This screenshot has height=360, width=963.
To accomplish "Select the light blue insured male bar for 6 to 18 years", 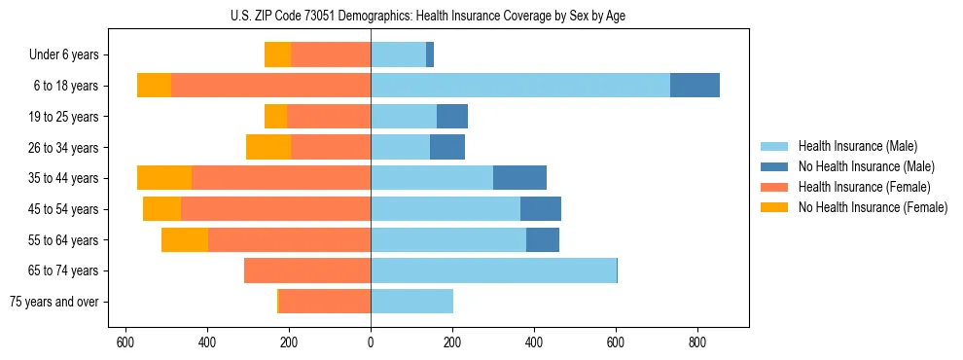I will tap(519, 86).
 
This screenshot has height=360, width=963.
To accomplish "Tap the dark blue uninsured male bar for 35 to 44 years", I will tap(519, 178).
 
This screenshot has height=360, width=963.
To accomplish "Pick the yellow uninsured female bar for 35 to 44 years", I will tap(164, 178).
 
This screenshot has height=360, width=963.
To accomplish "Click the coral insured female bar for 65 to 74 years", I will tap(306, 270).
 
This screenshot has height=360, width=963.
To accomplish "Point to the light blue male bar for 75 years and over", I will tap(411, 302).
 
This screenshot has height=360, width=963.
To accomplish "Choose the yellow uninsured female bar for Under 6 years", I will tap(277, 55).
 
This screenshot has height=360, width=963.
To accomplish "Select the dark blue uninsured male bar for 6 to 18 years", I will tap(695, 86).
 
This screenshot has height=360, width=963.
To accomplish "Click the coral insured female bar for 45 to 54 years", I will tap(275, 209).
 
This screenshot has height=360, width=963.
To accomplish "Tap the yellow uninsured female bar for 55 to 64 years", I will tap(185, 239).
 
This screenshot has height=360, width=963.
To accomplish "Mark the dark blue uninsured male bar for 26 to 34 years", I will tap(447, 148).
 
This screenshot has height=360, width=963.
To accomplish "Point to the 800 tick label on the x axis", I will tap(696, 343).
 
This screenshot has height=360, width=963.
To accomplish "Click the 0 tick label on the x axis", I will tap(371, 343).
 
